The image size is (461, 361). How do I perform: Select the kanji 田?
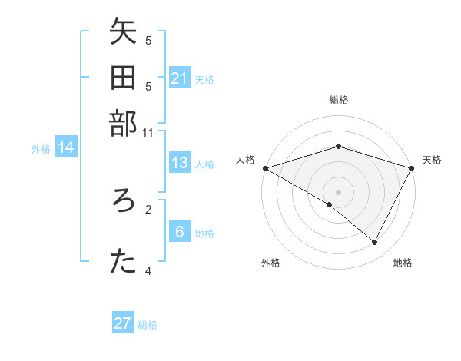pos(123,78)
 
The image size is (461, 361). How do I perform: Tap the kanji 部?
pos(123,123)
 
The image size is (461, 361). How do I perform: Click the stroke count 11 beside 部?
pos(148,132)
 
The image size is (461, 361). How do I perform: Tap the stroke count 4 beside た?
pos(148,270)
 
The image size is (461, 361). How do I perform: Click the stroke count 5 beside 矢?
pos(148,40)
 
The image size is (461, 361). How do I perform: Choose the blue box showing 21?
pos(180,78)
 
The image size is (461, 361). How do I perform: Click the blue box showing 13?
pos(180,163)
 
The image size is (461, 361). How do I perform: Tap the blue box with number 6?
pos(180,232)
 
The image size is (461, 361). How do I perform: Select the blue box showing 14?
pos(66,148)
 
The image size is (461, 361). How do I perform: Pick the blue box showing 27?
pos(123,323)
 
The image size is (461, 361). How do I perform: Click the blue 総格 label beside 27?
pos(148,325)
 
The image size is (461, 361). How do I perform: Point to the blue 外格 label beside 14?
pos(41,149)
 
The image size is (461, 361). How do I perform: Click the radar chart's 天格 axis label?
pos(432,160)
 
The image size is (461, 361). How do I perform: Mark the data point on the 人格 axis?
pos(265,168)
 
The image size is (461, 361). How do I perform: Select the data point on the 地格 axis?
pos(375,243)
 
